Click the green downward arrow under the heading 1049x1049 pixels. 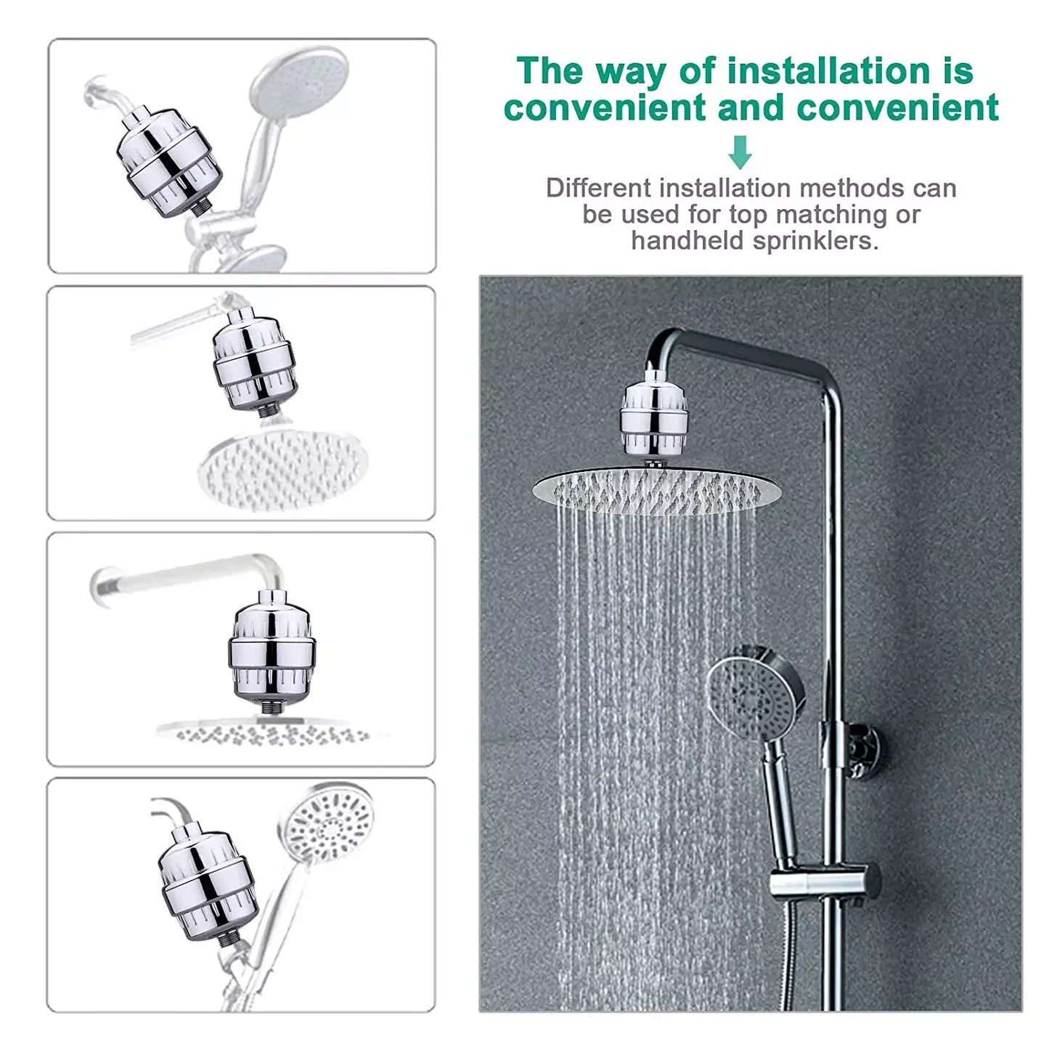740,152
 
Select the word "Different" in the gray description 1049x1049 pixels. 598,188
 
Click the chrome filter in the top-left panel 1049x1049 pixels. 169,162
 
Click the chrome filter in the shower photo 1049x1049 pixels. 653,417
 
